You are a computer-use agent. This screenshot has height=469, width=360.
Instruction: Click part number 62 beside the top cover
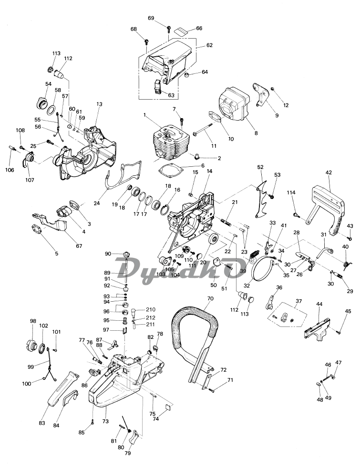click(209, 46)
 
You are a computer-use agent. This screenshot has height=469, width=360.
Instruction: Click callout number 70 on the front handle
click(210, 299)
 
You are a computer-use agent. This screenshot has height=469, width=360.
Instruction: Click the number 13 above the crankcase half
click(99, 104)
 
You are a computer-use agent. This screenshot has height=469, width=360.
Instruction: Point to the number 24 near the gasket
click(97, 204)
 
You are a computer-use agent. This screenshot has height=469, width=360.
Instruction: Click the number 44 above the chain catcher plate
click(319, 304)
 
